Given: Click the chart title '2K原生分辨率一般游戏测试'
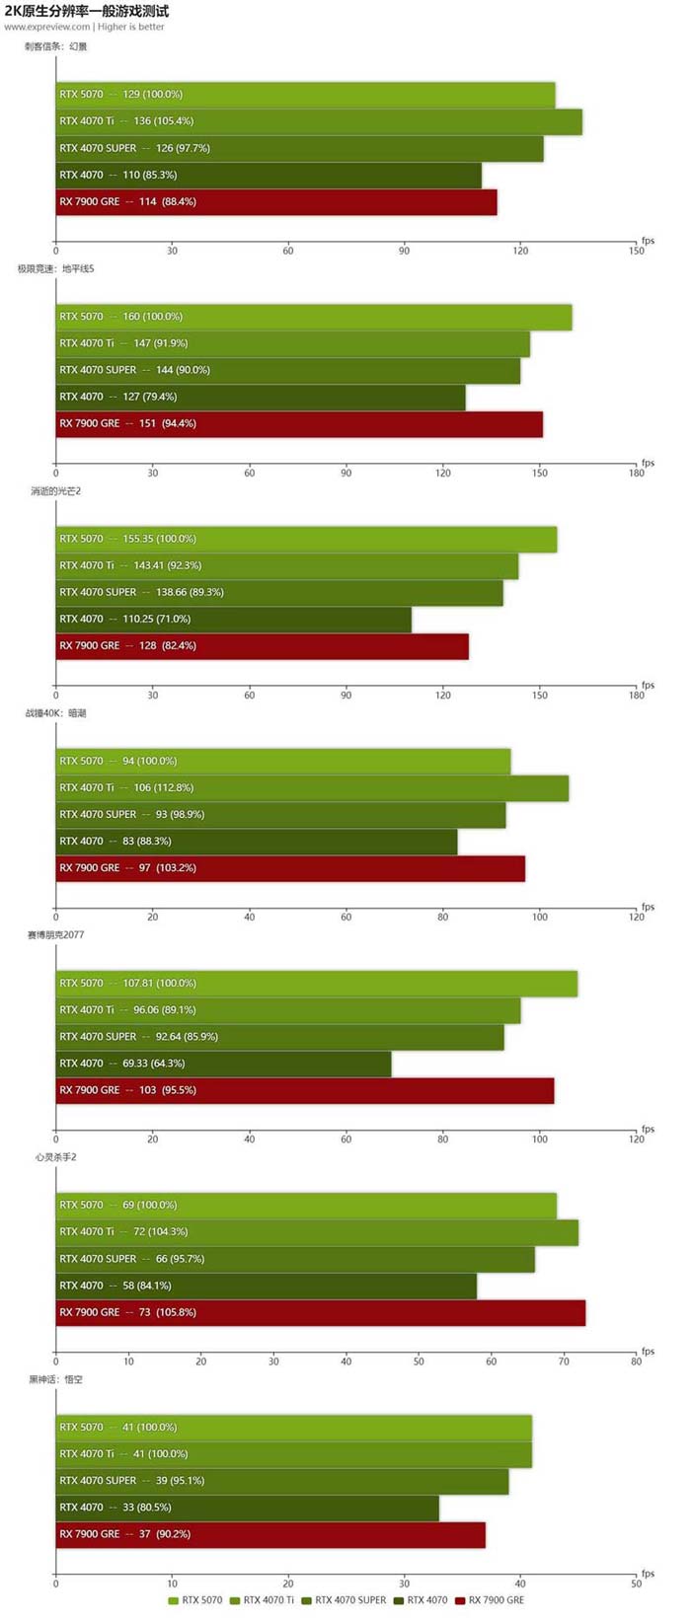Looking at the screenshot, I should [x=87, y=11].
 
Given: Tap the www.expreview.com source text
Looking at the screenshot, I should [x=47, y=27].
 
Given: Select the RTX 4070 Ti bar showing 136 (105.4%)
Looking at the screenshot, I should [x=319, y=121].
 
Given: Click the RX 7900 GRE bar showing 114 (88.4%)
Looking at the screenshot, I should [x=276, y=201].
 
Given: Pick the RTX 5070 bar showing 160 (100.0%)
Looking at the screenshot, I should [x=314, y=317].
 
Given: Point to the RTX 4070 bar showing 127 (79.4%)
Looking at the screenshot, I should [x=261, y=397].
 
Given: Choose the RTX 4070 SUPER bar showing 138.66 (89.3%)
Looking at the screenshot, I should [x=279, y=592].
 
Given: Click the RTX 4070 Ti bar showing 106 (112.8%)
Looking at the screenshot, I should [x=312, y=787].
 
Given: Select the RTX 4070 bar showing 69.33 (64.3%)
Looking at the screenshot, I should [x=223, y=1064].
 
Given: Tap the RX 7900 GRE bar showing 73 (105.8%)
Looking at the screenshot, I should [x=321, y=1312].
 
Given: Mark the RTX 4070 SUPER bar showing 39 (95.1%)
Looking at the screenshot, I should [x=282, y=1480].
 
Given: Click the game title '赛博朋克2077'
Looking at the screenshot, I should [x=55, y=934].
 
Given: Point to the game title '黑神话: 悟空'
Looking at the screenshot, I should [x=55, y=1379].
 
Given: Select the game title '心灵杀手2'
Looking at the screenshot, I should [x=55, y=1157].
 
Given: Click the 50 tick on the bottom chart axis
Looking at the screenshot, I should [x=636, y=1583].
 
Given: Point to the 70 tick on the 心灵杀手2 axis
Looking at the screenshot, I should [x=564, y=1362].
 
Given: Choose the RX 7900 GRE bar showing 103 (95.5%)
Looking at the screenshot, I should [x=305, y=1090].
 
